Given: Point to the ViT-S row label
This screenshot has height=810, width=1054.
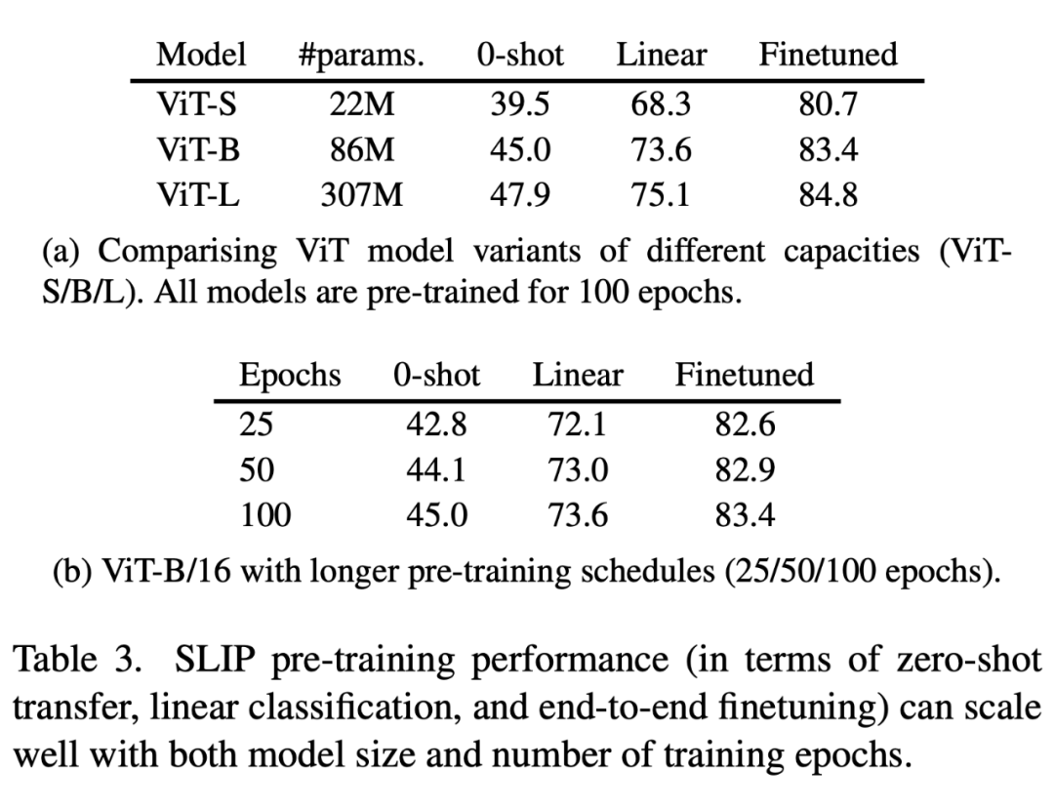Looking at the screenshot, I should point(196,102).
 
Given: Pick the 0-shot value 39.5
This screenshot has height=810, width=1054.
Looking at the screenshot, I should point(519,102).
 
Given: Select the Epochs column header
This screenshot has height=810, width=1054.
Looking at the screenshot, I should point(290,375).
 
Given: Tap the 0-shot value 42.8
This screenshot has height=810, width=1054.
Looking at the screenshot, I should point(436,424).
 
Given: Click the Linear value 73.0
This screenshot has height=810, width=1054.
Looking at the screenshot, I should point(577,470).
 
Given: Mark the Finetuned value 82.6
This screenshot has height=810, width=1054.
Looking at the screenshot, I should point(745,424).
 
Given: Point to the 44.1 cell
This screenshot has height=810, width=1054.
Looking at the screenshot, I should point(436,470).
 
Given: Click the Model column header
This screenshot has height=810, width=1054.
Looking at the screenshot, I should point(201,55).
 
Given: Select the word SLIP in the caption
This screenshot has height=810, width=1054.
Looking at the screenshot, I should point(220,661).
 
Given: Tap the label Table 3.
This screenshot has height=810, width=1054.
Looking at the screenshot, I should point(75,661).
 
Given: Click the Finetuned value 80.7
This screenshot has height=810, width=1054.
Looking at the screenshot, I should point(828,102).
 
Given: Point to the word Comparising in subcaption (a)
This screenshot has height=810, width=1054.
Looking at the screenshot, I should point(188,251).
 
